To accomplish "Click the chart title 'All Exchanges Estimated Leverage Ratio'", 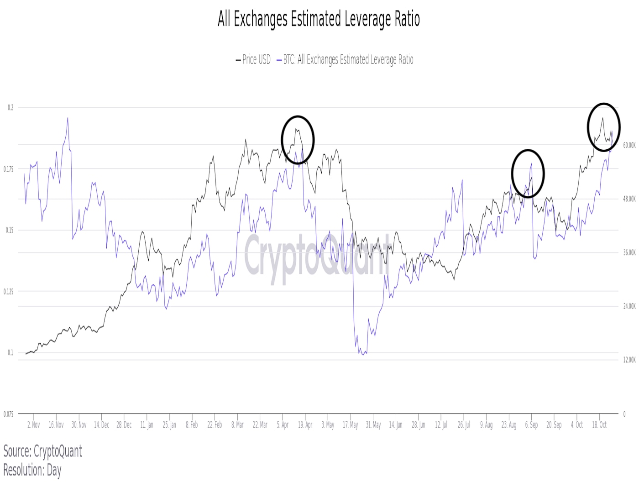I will point(319,19).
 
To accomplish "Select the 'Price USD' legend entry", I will point(253,60).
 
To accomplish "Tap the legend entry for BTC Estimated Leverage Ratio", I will point(345,60).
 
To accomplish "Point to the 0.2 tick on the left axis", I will point(10,108).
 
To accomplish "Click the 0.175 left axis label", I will point(9,169).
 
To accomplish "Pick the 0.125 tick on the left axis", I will point(9,292).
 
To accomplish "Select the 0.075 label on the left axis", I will point(9,414).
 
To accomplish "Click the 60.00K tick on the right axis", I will point(629,145).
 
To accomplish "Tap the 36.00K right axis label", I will point(629,252).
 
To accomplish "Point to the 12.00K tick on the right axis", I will point(629,360).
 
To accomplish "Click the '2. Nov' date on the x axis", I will point(34,425).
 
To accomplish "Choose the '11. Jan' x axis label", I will point(147,425).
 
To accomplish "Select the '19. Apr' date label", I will point(305,425).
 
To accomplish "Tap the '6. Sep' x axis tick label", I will point(531,425).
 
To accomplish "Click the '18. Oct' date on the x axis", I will point(599,425).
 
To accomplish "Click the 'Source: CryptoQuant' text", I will point(43,451).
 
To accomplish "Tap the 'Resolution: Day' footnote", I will point(32,470).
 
